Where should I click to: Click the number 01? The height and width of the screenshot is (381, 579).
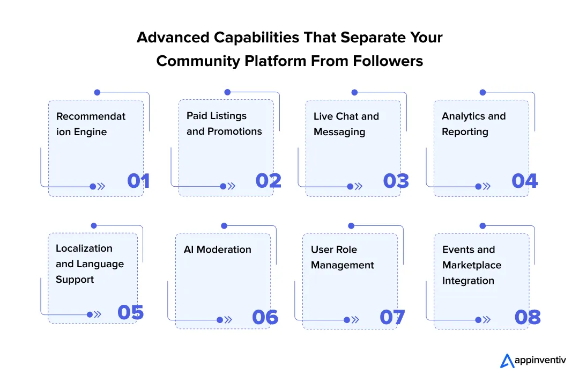click(138, 181)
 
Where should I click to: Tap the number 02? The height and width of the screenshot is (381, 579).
click(268, 181)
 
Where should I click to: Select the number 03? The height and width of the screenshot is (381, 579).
click(396, 181)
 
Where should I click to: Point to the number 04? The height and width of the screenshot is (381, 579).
click(524, 181)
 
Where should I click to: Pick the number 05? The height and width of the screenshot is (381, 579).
click(130, 312)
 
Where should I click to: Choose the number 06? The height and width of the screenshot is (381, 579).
click(265, 317)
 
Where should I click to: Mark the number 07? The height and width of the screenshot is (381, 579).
click(392, 317)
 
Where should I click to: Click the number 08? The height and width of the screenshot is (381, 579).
click(528, 317)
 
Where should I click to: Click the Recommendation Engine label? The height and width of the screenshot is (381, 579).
click(91, 124)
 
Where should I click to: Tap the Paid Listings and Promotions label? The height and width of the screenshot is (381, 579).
click(224, 123)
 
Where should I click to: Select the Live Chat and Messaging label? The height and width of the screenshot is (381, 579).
click(346, 124)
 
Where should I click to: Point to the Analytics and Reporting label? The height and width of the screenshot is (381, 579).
click(473, 124)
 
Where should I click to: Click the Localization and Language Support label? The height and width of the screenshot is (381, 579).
click(90, 264)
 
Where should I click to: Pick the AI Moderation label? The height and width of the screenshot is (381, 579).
click(217, 250)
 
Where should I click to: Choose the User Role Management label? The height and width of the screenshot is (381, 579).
click(342, 258)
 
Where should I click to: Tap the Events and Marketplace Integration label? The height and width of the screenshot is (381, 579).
click(471, 265)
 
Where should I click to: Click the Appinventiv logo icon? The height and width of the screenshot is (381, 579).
click(507, 361)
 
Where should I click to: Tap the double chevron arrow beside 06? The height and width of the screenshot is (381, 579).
click(228, 319)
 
